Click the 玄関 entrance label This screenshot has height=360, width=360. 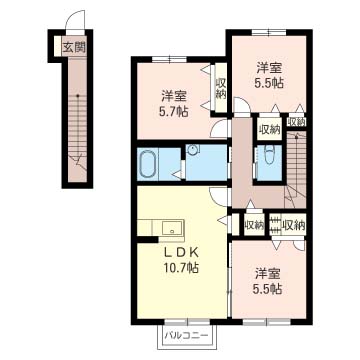74,48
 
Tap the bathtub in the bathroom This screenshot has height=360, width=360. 148,164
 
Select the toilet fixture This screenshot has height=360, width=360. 269,156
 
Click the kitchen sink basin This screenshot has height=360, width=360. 173,228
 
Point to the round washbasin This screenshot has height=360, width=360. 192,151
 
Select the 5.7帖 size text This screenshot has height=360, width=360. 174,111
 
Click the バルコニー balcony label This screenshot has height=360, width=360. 186,335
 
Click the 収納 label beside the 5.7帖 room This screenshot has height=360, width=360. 221,88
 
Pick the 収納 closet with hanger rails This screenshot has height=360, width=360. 288,225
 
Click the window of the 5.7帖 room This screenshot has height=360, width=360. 169,59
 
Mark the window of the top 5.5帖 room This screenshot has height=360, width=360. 269,32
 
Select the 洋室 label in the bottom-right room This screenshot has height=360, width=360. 267,274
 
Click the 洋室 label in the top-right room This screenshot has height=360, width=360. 268,68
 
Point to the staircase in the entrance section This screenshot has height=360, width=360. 77,128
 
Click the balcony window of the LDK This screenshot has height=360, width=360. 187,322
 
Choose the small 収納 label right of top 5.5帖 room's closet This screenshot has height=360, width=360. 297,122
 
